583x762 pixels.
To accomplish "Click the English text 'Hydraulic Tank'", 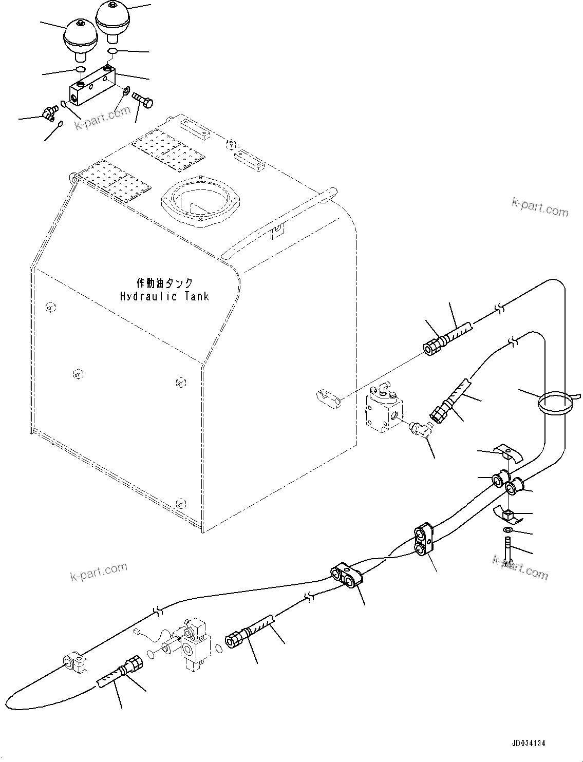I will pos(164,296).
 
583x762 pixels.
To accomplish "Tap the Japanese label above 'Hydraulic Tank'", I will pos(164,283).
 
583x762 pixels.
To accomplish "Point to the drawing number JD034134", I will pos(528,743).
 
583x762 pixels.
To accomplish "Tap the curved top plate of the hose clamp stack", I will pos(507,454).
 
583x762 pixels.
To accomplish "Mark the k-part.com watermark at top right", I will pos(540,207).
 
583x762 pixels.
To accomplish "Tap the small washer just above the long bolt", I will pos(507,530).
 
